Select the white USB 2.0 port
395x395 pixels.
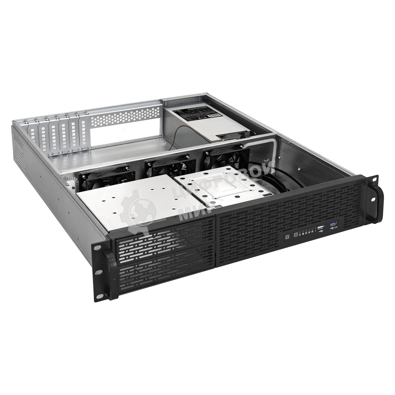[x=321, y=228]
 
